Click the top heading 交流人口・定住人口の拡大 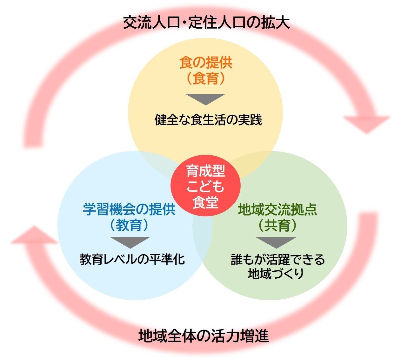[x=206, y=23]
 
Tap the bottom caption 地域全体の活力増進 [x=204, y=336]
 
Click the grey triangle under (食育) [x=205, y=99]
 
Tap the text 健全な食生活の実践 [x=208, y=120]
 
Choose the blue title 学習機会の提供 [x=129, y=210]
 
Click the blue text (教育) [x=129, y=225]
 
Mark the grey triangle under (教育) [x=130, y=242]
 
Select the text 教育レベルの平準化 [x=132, y=259]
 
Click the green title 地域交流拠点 [x=277, y=210]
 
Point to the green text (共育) [x=277, y=225]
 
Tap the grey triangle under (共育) [x=276, y=242]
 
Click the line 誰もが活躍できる [x=278, y=260]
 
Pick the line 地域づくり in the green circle [x=276, y=273]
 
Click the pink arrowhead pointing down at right [x=366, y=123]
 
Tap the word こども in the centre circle [x=205, y=186]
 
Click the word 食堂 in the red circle [x=205, y=202]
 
